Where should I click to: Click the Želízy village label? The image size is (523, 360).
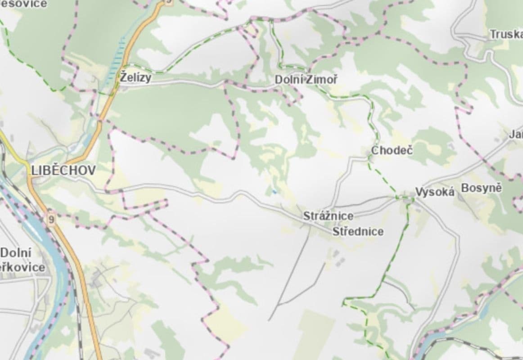(135, 77)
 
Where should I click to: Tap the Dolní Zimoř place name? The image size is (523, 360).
(306, 80)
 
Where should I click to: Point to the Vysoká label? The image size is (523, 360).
(434, 192)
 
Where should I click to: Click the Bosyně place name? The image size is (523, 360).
(481, 188)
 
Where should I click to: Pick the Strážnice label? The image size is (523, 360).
(328, 216)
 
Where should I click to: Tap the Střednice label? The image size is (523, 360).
(358, 232)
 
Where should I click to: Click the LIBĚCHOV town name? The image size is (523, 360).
(63, 170)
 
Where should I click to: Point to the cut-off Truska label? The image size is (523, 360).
(505, 34)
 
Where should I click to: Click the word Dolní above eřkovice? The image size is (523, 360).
(16, 252)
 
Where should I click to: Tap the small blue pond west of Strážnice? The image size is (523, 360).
(274, 192)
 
